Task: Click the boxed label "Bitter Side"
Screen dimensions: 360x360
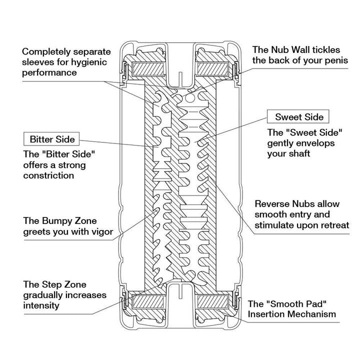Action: [x=52, y=138]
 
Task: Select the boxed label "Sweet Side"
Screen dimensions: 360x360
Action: [x=299, y=117]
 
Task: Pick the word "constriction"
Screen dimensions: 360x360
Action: [x=48, y=175]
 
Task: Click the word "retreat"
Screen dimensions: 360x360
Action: [x=332, y=225]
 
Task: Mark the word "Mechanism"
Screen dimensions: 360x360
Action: [x=311, y=314]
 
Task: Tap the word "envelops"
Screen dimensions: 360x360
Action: [x=321, y=143]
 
